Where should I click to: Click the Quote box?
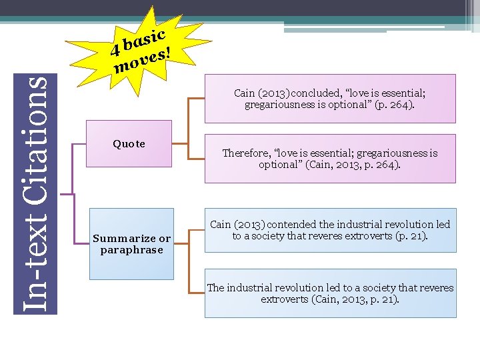pyautogui.click(x=129, y=144)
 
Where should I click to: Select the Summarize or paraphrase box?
pyautogui.click(x=131, y=243)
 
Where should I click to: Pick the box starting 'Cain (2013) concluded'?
pyautogui.click(x=329, y=99)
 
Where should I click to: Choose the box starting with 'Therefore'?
pyautogui.click(x=329, y=159)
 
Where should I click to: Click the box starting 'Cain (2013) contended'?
pyautogui.click(x=330, y=230)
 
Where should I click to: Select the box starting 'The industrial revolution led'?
pyautogui.click(x=330, y=293)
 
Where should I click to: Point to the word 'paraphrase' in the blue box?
pyautogui.click(x=131, y=250)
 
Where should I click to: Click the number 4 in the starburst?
pyautogui.click(x=115, y=49)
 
